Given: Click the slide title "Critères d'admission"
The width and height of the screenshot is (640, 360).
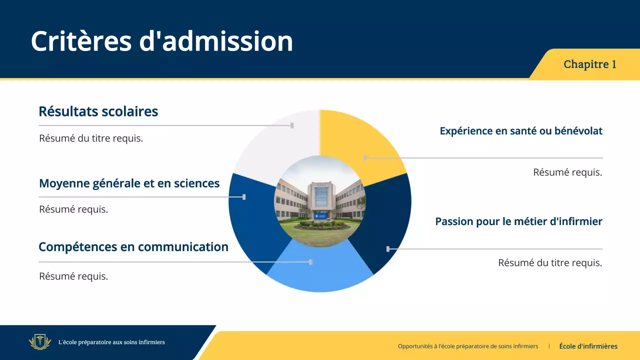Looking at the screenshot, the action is point(162,41).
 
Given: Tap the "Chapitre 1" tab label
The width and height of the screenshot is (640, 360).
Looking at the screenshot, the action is point(589,64).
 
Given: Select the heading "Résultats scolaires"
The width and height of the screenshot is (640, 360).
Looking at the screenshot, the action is point(98,111).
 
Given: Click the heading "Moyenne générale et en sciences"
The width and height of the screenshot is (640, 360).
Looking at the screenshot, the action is point(129,183).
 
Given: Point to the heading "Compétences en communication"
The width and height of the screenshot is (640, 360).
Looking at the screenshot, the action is point(133,247).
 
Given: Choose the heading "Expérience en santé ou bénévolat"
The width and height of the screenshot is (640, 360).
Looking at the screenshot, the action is point(521,131).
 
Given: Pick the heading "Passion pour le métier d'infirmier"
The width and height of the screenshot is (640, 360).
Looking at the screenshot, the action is point(519,221).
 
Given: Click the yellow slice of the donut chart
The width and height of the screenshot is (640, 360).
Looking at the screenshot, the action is point(357,140).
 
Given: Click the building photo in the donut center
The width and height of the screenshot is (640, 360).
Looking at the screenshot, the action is point(319,201).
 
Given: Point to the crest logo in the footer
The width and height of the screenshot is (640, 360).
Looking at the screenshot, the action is point(40,342).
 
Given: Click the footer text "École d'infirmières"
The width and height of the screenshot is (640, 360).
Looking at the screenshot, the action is point(588,346).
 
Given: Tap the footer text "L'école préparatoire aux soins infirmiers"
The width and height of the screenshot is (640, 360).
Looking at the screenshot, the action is point(111,342).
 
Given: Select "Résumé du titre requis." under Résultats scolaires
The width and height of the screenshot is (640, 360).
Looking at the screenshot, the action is point(91,138).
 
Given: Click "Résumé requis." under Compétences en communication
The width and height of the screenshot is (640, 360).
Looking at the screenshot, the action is point(73,276).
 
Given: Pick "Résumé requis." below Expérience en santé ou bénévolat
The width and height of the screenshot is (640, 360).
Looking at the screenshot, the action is point(567,172).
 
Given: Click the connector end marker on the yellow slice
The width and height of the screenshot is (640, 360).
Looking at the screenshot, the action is point(365,157).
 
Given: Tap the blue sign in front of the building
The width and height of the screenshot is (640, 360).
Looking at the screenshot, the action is point(321,215).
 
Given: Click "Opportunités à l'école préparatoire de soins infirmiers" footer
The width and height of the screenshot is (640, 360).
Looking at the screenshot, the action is point(468,346).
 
